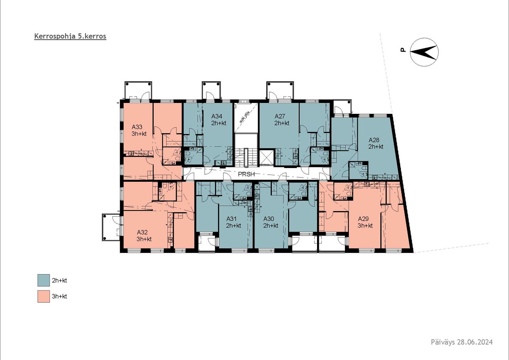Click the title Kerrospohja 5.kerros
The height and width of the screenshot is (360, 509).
pyautogui.click(x=70, y=36)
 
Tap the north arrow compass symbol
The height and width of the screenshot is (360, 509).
pyautogui.click(x=424, y=52)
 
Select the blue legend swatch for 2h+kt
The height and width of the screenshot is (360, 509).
pyautogui.click(x=43, y=280)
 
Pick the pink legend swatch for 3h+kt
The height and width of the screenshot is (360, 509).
pyautogui.click(x=43, y=296)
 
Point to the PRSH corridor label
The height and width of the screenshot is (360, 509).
pyautogui.click(x=246, y=174)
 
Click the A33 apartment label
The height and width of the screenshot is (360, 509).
pyautogui.click(x=137, y=127)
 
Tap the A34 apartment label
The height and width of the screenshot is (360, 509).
pyautogui.click(x=217, y=116)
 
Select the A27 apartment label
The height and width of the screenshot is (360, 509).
pyautogui.click(x=280, y=116)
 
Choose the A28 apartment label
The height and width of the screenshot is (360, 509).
pyautogui.click(x=374, y=140)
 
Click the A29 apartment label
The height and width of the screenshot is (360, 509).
pyautogui.click(x=363, y=219)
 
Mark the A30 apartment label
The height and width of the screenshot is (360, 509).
pyautogui.click(x=269, y=219)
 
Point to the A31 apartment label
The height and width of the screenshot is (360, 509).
pyautogui.click(x=231, y=219)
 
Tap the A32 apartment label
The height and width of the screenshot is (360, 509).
pyautogui.click(x=142, y=232)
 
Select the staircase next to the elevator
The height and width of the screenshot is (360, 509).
pyautogui.click(x=246, y=157)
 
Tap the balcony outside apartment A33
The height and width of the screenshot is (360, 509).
pyautogui.click(x=138, y=91)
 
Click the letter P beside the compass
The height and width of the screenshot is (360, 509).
pyautogui.click(x=403, y=50)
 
